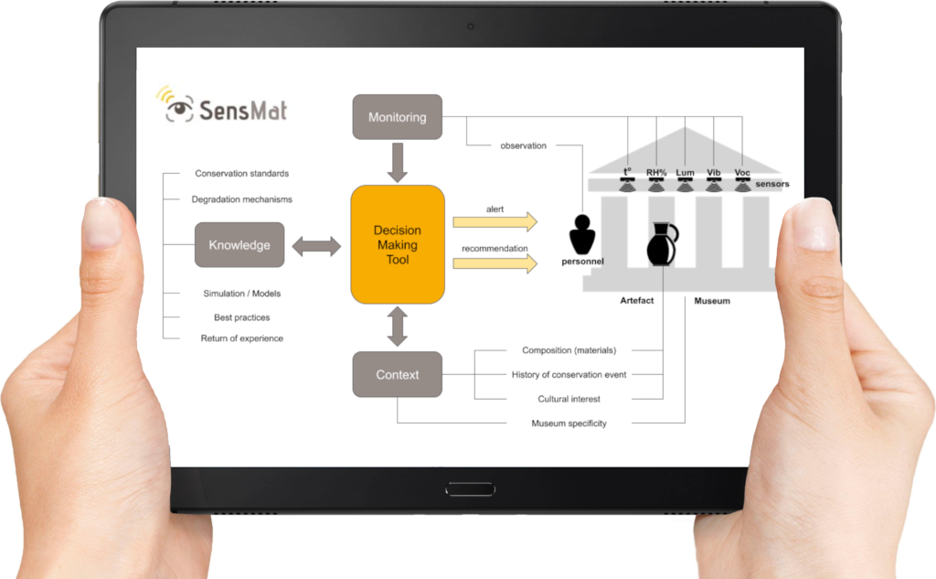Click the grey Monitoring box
tap(397, 117)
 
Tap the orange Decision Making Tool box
tap(397, 244)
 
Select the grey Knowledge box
tap(239, 244)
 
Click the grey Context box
tap(397, 374)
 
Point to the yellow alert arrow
tap(495, 221)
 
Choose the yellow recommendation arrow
tap(495, 263)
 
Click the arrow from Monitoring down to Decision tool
tap(397, 162)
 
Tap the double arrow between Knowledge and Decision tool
tap(316, 245)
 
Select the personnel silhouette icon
tap(581, 235)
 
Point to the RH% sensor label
tap(656, 172)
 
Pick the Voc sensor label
tap(742, 172)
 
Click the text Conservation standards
tap(242, 174)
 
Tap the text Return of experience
tap(241, 338)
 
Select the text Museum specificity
tap(569, 424)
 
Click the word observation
tap(524, 145)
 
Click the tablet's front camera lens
tap(470, 26)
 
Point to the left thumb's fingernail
tap(102, 225)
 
